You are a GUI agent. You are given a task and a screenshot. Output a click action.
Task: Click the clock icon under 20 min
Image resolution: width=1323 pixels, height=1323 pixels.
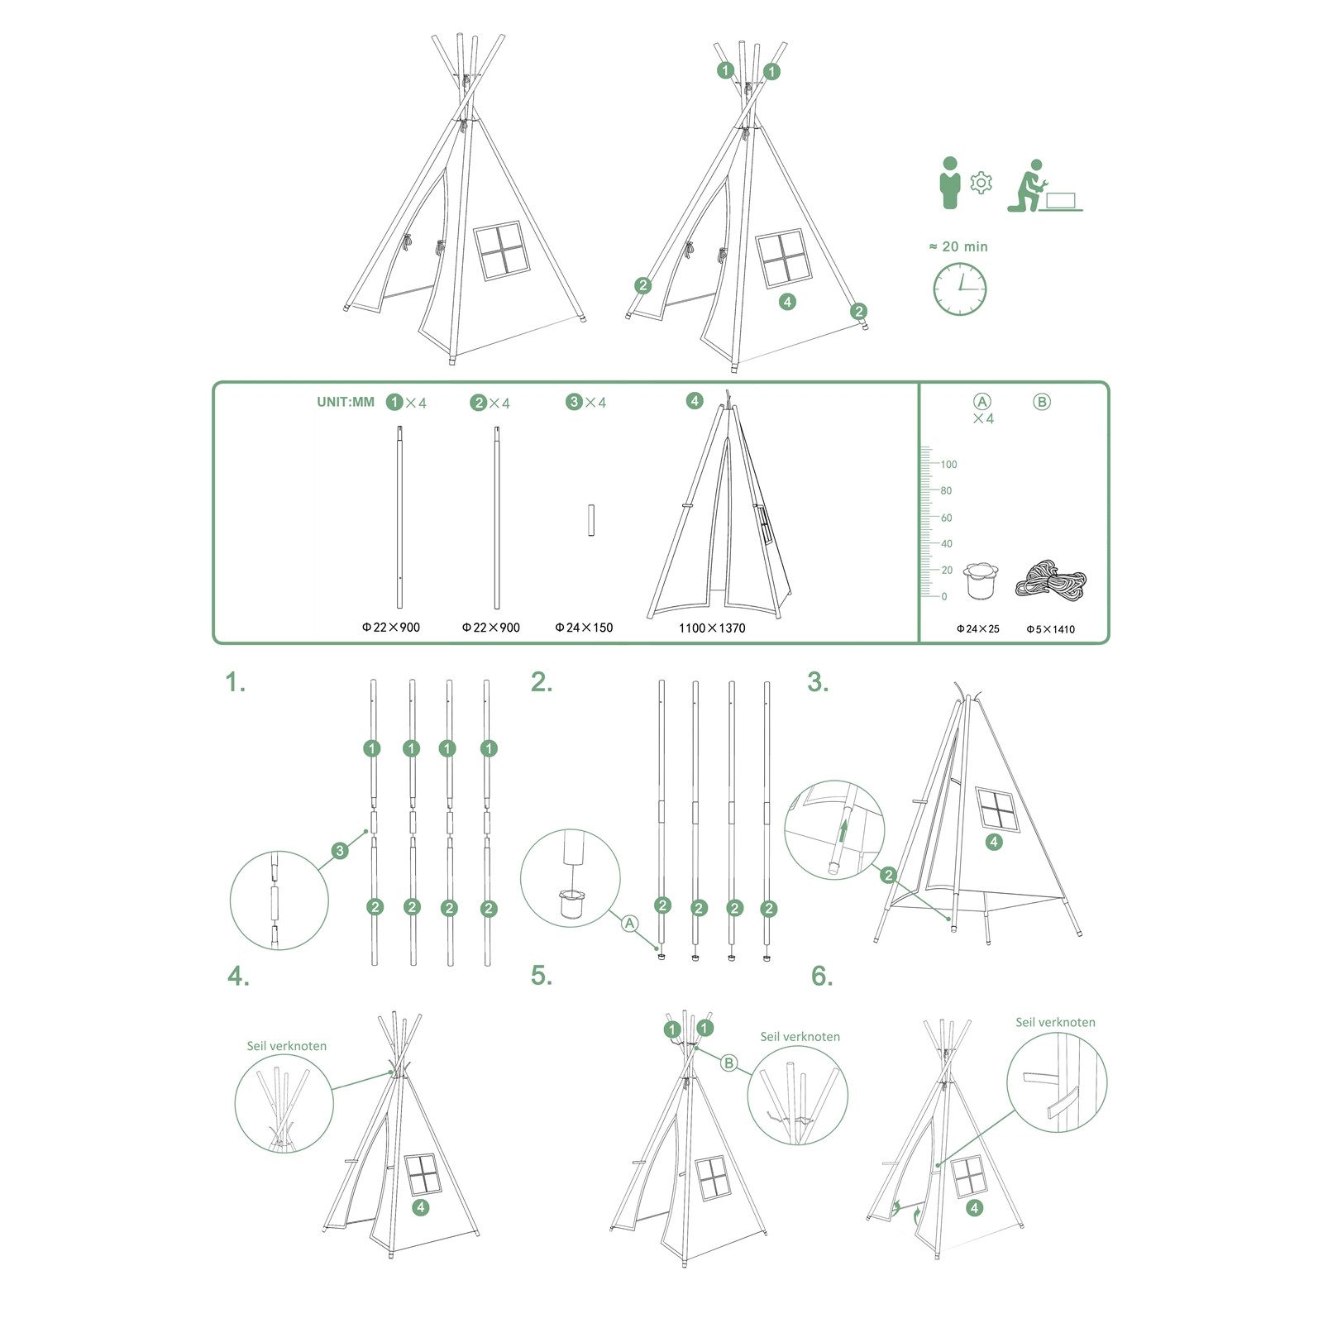click(x=960, y=289)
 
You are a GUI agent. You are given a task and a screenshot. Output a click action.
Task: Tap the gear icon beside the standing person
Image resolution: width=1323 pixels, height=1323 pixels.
click(x=981, y=183)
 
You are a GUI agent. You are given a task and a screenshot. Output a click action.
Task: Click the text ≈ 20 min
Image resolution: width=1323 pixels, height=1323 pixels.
click(x=958, y=246)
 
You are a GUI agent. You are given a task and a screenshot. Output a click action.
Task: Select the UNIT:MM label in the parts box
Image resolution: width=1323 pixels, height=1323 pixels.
click(x=345, y=402)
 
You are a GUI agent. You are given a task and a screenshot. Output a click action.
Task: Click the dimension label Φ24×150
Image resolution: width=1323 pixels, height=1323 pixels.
click(x=584, y=628)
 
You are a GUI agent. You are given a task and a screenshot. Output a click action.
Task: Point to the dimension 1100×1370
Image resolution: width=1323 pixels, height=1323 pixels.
click(x=712, y=628)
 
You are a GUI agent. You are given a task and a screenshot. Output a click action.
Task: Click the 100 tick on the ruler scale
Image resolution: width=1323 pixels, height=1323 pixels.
click(x=948, y=464)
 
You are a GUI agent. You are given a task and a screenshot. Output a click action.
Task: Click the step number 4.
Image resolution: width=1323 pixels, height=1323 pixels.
click(x=237, y=977)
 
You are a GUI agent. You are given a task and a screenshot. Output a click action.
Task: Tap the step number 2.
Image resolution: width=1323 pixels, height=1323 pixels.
click(x=541, y=683)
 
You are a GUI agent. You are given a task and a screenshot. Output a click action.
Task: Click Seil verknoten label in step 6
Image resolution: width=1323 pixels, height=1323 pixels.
click(x=1055, y=1022)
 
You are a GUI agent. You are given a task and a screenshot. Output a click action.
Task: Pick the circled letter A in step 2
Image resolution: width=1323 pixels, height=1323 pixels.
click(x=630, y=922)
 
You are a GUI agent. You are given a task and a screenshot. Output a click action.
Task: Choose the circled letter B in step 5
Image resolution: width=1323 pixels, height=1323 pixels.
click(x=728, y=1063)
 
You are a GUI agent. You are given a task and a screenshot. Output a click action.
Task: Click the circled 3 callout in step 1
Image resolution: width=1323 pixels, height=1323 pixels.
click(x=339, y=850)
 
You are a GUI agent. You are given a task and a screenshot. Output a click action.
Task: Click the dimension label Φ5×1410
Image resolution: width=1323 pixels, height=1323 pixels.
click(x=1050, y=629)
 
